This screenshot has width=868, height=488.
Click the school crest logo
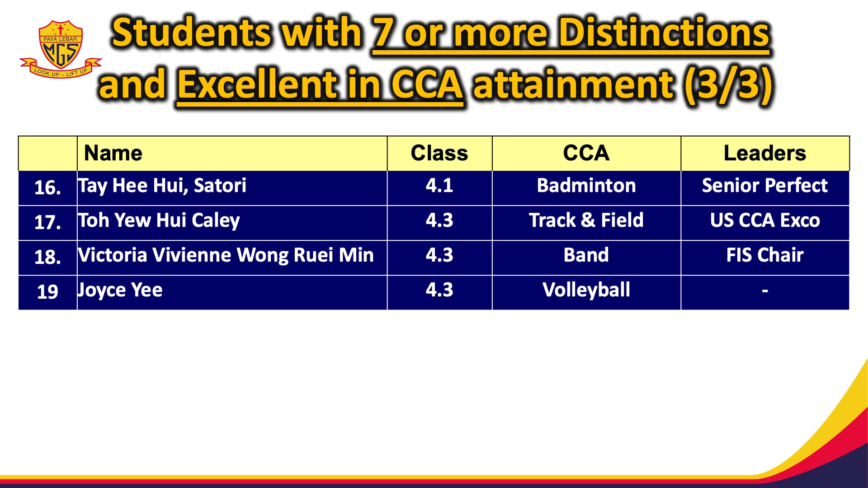pos(61,49)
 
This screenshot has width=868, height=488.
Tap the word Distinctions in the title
pos(664,33)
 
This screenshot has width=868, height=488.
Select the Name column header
pos(113,153)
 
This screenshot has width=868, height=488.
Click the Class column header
pos(439,153)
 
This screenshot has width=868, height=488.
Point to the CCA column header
pos(586,153)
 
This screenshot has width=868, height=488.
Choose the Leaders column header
pos(764,153)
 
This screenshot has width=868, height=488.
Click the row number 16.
pos(47,188)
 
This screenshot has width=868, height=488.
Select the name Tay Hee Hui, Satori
pos(162,186)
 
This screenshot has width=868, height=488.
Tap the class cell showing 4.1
pos(439,186)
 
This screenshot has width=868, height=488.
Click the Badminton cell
pos(586,186)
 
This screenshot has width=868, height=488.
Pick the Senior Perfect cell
pos(764,186)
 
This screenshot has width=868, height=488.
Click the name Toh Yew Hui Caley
pos(159,221)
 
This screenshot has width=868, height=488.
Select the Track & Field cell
pos(586,221)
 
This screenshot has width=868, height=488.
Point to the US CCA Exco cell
pos(764,221)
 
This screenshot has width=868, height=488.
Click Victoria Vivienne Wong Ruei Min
pos(226,255)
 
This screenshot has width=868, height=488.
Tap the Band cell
pos(586,255)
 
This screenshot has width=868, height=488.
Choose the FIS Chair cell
pos(764,255)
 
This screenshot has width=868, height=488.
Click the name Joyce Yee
pos(120,290)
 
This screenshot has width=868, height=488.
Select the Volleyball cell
pos(586,290)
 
